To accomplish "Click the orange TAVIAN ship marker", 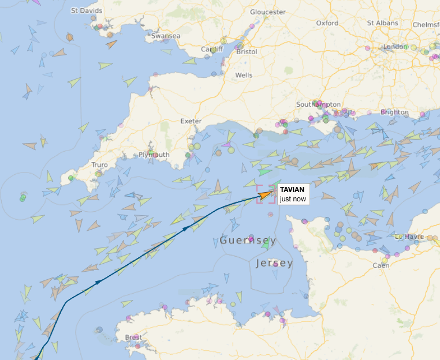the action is (x=266, y=194).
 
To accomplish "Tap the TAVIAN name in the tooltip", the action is (x=292, y=190).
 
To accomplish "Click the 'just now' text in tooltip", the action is (x=292, y=199).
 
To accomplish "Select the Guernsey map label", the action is (x=248, y=241).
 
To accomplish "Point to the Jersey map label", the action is (x=274, y=263).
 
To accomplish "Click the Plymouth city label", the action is (x=154, y=155).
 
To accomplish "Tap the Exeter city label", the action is (x=191, y=121).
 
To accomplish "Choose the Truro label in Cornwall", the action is (x=99, y=165).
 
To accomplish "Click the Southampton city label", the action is (x=318, y=104).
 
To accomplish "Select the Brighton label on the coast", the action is (x=394, y=112).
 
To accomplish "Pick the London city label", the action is (x=395, y=47).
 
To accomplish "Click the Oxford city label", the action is (x=327, y=23).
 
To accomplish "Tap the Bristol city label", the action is (x=247, y=51).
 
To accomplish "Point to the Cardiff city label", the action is (x=212, y=49).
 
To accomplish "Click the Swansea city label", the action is (x=166, y=36).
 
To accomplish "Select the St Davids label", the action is (x=87, y=11).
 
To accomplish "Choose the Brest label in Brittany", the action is (x=133, y=337).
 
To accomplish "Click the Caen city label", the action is (x=381, y=265).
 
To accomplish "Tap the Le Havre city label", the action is (x=409, y=237).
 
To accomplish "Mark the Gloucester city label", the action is (x=267, y=12).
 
